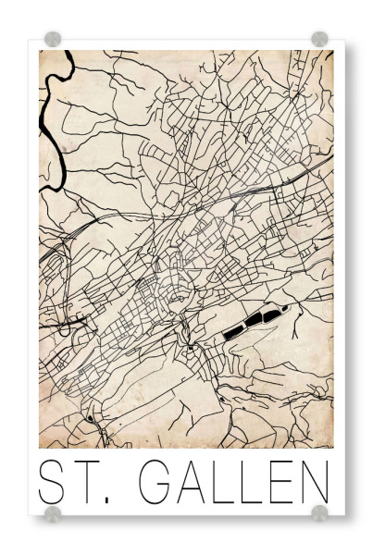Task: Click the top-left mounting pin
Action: tap(53, 39)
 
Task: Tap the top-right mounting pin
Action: tap(319, 39)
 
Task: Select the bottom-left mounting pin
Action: tap(53, 512)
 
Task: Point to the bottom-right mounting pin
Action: tap(319, 512)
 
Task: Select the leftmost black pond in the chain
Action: tap(233, 328)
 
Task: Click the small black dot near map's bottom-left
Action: tap(89, 419)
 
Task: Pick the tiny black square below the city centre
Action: tap(189, 348)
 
